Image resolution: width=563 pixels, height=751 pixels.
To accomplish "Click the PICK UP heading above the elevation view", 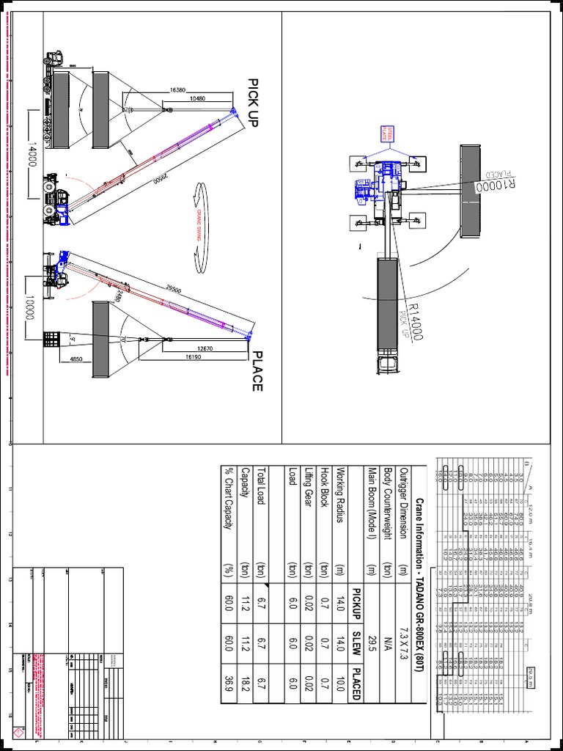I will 254,103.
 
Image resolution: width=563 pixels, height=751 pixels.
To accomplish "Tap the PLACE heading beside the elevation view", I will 257,370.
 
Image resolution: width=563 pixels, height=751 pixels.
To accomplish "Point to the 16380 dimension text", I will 177,89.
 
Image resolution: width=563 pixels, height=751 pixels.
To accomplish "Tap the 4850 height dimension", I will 77,359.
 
